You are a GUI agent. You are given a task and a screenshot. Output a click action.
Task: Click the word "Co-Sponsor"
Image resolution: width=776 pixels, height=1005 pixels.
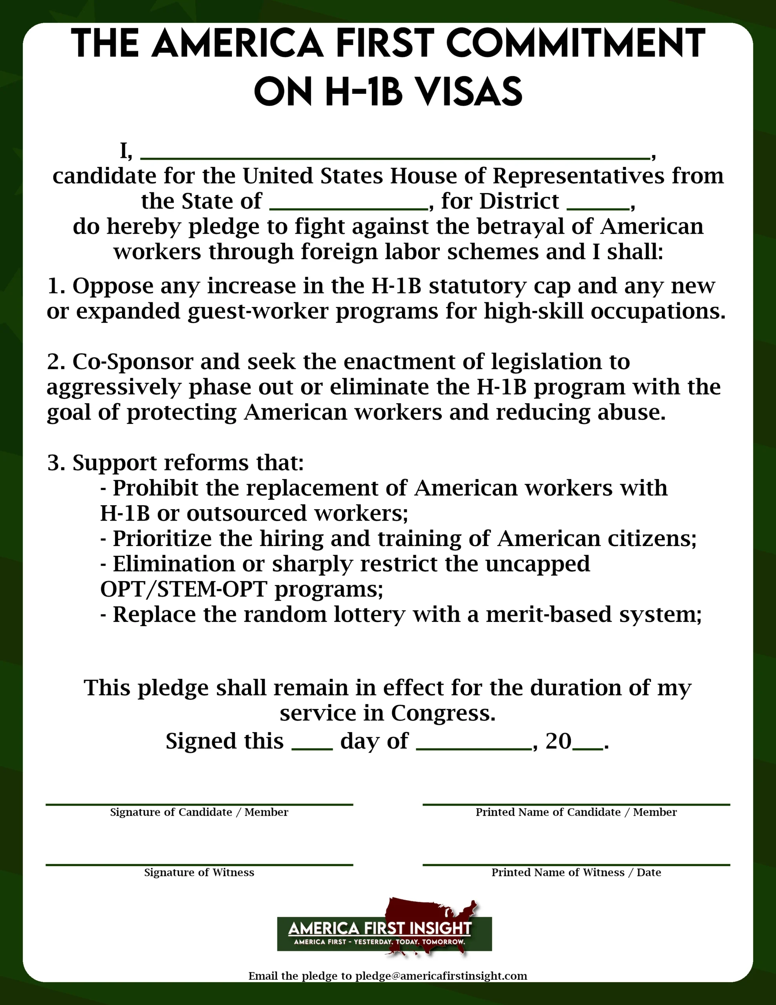coord(133,362)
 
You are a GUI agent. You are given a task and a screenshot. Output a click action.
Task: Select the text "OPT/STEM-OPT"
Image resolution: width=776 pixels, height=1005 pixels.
coord(184,590)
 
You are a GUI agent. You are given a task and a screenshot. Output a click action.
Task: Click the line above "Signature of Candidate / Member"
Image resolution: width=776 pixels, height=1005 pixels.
coord(199,805)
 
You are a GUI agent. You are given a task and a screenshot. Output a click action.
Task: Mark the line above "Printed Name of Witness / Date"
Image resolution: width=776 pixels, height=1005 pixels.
coord(576,865)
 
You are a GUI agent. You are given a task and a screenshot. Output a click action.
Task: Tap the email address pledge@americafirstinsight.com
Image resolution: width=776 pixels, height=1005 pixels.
coord(441,976)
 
